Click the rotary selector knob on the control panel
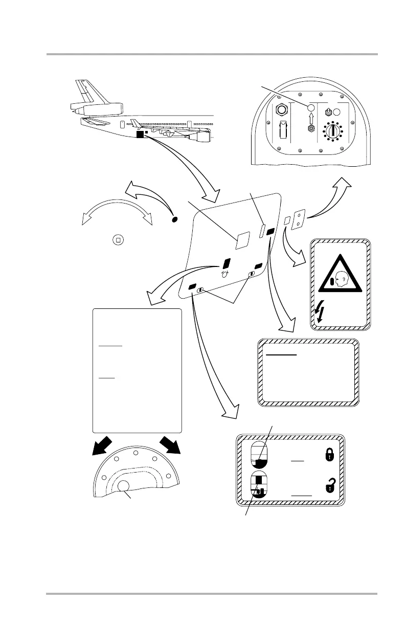(334, 131)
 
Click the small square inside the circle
(118, 240)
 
